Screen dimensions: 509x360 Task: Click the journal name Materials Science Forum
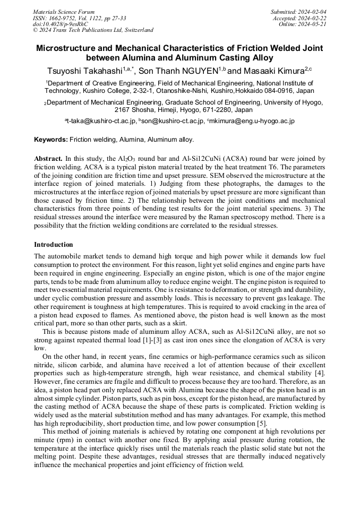pyautogui.click(x=64, y=12)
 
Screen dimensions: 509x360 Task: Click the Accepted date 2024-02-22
pyautogui.click(x=313, y=18)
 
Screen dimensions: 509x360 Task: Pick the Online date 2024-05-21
pyautogui.click(x=315, y=24)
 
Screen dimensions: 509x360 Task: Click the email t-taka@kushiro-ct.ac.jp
pyautogui.click(x=101, y=121)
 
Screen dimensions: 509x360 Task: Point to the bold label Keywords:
pyautogui.click(x=50, y=140)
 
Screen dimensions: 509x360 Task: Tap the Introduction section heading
pyautogui.click(x=54, y=245)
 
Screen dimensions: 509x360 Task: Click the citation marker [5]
pyautogui.click(x=262, y=424)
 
